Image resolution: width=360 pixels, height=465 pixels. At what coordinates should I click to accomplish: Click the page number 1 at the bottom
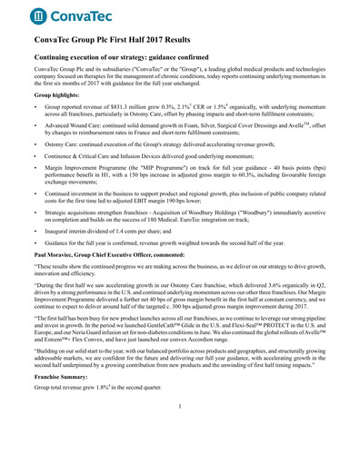[180, 430]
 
